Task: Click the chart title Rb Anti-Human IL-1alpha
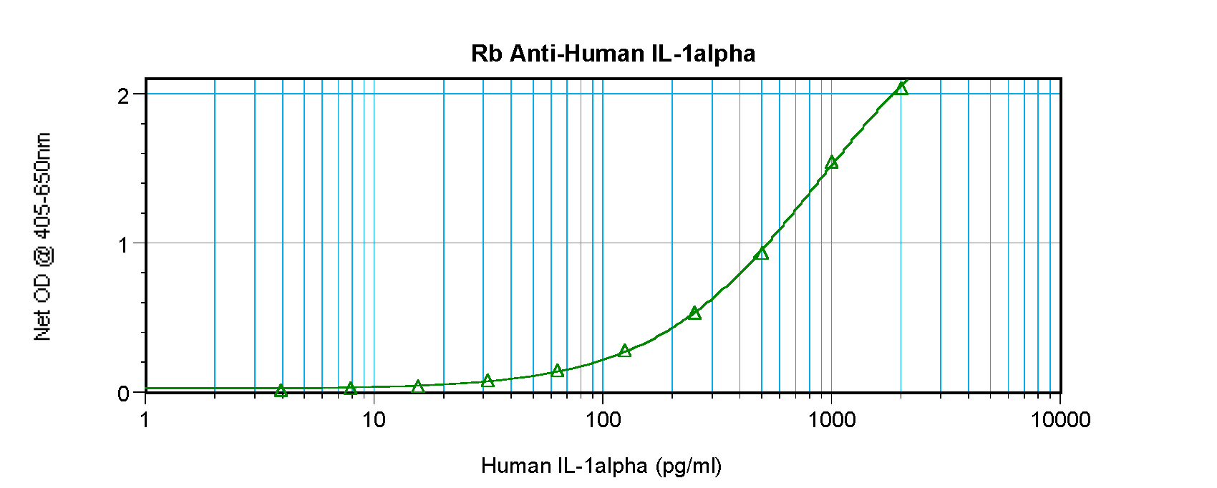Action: [613, 54]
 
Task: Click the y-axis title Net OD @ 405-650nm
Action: [42, 237]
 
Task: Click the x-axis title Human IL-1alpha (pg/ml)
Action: [601, 466]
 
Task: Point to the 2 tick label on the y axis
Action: [124, 96]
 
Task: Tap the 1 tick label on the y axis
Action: [124, 245]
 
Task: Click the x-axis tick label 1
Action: [145, 419]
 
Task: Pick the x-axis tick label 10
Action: [374, 419]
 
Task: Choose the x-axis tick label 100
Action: [602, 419]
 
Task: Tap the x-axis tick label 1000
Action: [830, 419]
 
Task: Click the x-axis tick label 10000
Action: [1060, 419]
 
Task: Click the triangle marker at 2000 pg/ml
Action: [901, 88]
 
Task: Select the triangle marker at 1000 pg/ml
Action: [831, 162]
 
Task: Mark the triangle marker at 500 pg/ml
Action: [762, 253]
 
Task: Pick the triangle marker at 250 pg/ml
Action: [694, 313]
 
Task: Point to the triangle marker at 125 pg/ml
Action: [625, 351]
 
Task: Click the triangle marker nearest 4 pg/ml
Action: [281, 391]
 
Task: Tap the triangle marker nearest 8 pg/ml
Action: [350, 389]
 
